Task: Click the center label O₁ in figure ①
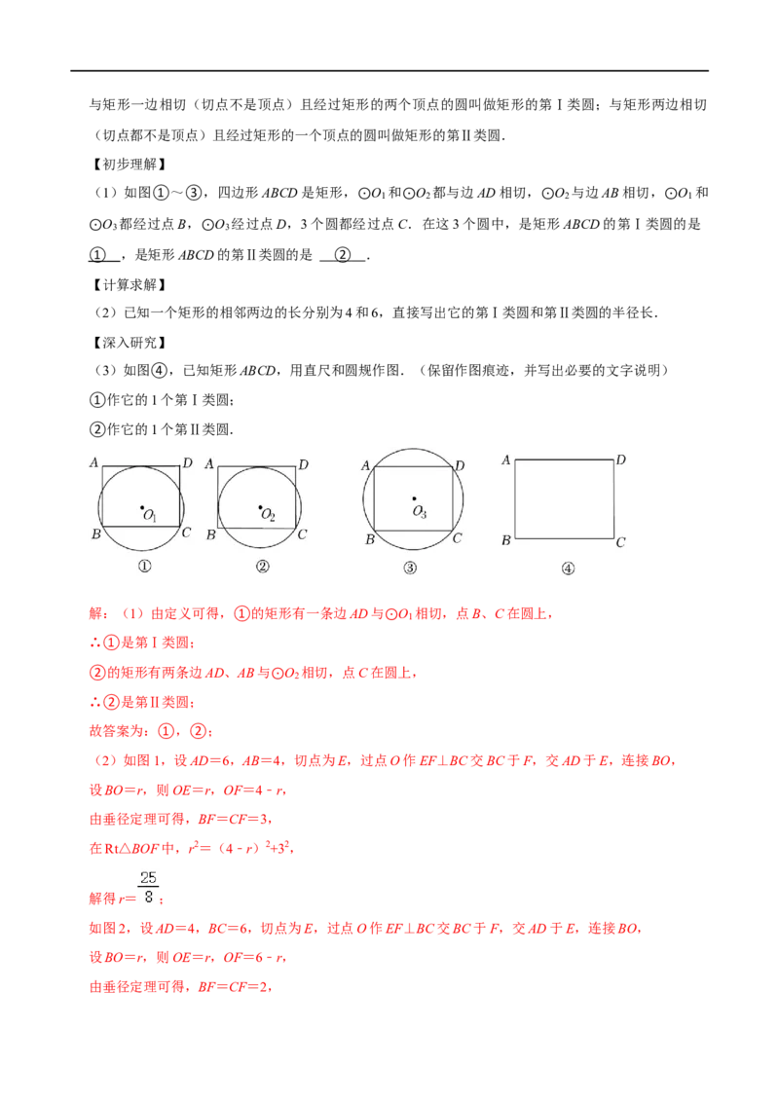pos(150,515)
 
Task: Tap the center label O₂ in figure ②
pos(268,515)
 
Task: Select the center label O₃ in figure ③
pos(420,512)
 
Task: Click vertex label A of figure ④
pos(506,459)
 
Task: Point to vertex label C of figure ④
pos(620,542)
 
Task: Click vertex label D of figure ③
pos(460,465)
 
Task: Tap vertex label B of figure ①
pos(95,534)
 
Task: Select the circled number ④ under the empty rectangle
pos(568,569)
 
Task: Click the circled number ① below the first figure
pos(144,566)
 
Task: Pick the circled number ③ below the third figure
pos(410,568)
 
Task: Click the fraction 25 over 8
pos(148,887)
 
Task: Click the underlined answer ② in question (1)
pos(343,255)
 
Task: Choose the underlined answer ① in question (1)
pos(97,255)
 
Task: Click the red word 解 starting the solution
pos(96,613)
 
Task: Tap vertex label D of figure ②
pos(304,464)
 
